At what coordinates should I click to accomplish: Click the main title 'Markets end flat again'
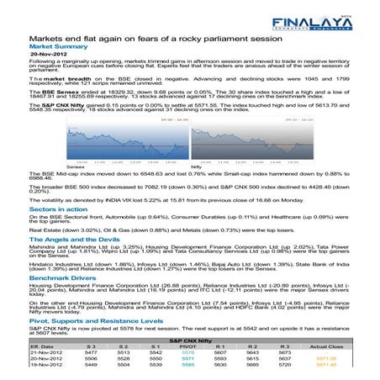coord(152,39)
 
